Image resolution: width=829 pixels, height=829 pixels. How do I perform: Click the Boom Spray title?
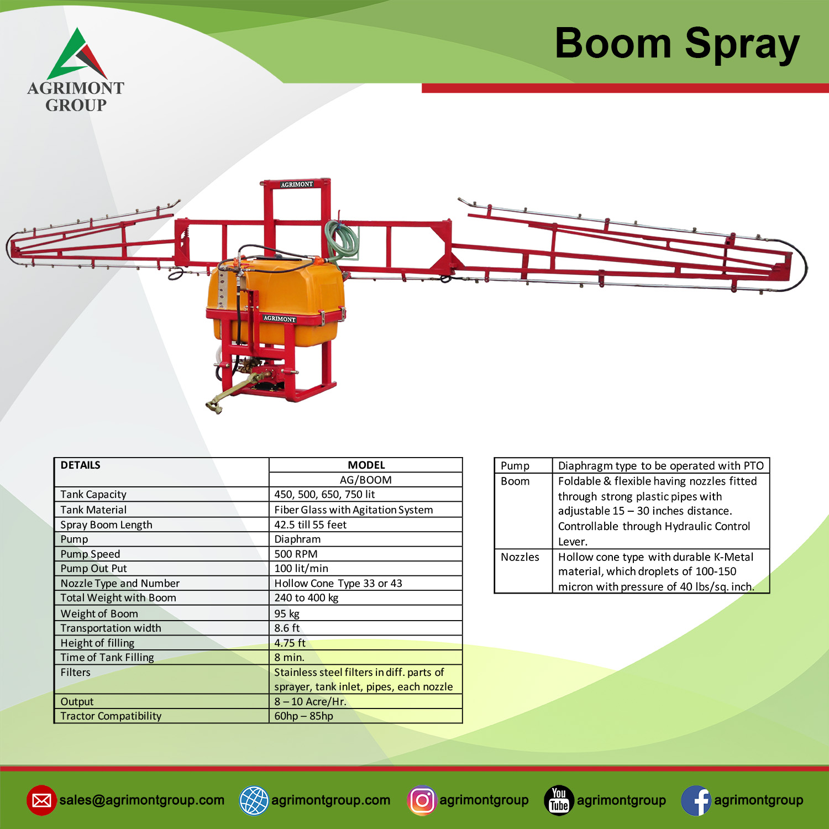677,44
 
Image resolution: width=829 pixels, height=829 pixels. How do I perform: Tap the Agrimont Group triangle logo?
77,54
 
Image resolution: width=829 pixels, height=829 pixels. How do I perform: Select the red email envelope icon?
41,800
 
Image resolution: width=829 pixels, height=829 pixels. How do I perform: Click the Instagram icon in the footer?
422,800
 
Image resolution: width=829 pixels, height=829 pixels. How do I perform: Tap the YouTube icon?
559,800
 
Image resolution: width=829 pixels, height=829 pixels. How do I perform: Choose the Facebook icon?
696,800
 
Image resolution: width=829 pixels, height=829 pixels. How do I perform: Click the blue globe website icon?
254,800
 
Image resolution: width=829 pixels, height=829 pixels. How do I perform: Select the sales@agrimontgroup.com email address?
142,800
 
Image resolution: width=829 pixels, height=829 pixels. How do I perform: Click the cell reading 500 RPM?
296,554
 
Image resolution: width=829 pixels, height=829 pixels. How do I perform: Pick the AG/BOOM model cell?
366,480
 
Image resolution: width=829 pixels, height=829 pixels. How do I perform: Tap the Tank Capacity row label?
93,495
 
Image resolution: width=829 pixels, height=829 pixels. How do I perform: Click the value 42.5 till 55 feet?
311,524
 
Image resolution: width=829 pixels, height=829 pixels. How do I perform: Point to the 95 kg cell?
287,613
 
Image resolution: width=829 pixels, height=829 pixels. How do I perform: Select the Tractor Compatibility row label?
111,716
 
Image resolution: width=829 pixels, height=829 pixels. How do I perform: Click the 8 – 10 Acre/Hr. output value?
311,702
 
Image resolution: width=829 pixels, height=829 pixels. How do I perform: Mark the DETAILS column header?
81,465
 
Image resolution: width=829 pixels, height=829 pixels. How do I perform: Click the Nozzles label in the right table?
520,557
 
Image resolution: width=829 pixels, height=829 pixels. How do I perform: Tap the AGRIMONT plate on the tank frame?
280,318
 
